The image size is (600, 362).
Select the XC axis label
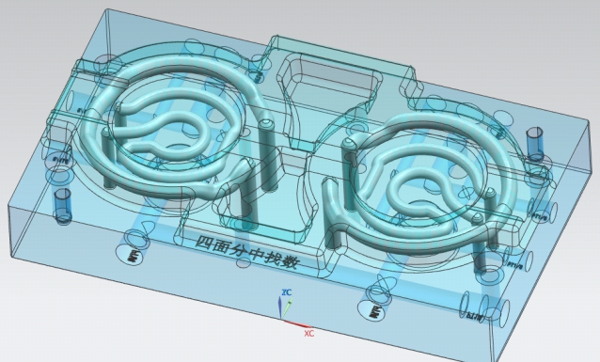(308, 333)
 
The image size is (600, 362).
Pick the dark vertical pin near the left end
(63, 204)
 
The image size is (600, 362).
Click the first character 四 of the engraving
(203, 242)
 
